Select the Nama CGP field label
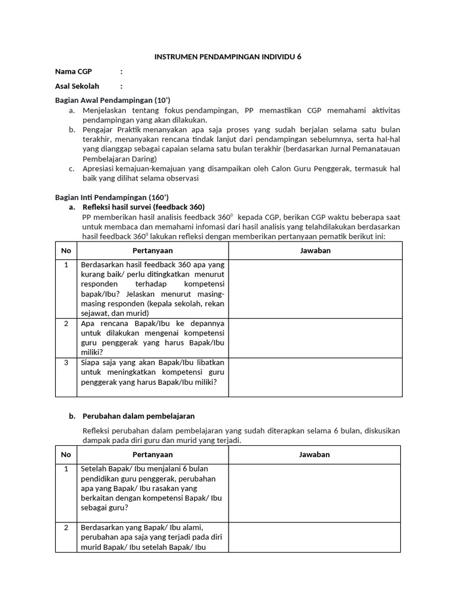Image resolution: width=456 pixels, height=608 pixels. pyautogui.click(x=74, y=71)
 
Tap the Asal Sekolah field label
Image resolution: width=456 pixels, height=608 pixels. pyautogui.click(x=77, y=86)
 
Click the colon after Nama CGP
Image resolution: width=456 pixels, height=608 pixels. pyautogui.click(x=121, y=71)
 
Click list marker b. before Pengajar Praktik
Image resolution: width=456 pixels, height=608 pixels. pyautogui.click(x=72, y=129)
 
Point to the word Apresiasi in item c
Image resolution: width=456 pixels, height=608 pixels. pyautogui.click(x=100, y=169)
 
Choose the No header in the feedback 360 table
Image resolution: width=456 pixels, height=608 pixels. pyautogui.click(x=66, y=251)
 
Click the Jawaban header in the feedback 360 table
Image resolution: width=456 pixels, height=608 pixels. pyautogui.click(x=315, y=251)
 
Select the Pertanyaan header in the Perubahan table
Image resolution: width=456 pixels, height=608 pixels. pyautogui.click(x=153, y=455)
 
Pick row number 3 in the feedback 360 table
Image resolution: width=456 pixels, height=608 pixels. pyautogui.click(x=66, y=362)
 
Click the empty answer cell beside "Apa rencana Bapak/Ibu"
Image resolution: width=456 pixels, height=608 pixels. pyautogui.click(x=315, y=338)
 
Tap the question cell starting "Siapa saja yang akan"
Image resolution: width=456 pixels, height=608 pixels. pyautogui.click(x=153, y=372)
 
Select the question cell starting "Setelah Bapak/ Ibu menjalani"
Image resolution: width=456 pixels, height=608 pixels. pyautogui.click(x=153, y=488)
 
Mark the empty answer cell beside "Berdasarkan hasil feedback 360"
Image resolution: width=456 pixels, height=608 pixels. pyautogui.click(x=315, y=289)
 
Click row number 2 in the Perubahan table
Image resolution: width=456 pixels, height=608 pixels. pyautogui.click(x=66, y=527)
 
